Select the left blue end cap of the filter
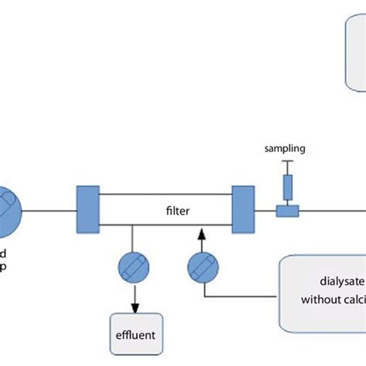(x=86, y=209)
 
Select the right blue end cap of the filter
(x=243, y=209)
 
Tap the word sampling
(x=286, y=147)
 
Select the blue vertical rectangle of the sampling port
(x=287, y=187)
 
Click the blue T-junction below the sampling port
(x=287, y=208)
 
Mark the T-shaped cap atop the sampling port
(x=287, y=161)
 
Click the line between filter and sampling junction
(x=265, y=209)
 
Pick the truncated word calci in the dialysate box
(x=353, y=301)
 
